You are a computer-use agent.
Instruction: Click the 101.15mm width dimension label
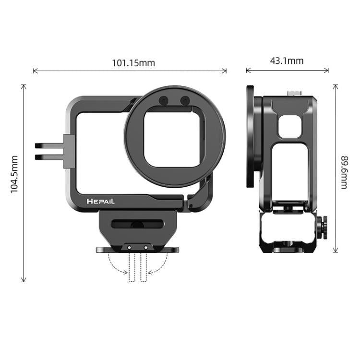(133, 63)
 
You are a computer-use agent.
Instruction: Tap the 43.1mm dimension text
(287, 61)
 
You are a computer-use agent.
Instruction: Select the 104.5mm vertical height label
(14, 174)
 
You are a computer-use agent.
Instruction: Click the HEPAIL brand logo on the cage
(101, 202)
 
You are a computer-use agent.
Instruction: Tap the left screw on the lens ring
(163, 101)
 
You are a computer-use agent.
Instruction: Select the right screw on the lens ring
(184, 101)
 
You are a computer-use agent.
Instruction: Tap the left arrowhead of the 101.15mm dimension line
(35, 71)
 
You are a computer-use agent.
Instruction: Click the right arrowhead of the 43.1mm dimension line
(327, 70)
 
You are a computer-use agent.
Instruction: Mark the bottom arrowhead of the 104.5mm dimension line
(24, 280)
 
